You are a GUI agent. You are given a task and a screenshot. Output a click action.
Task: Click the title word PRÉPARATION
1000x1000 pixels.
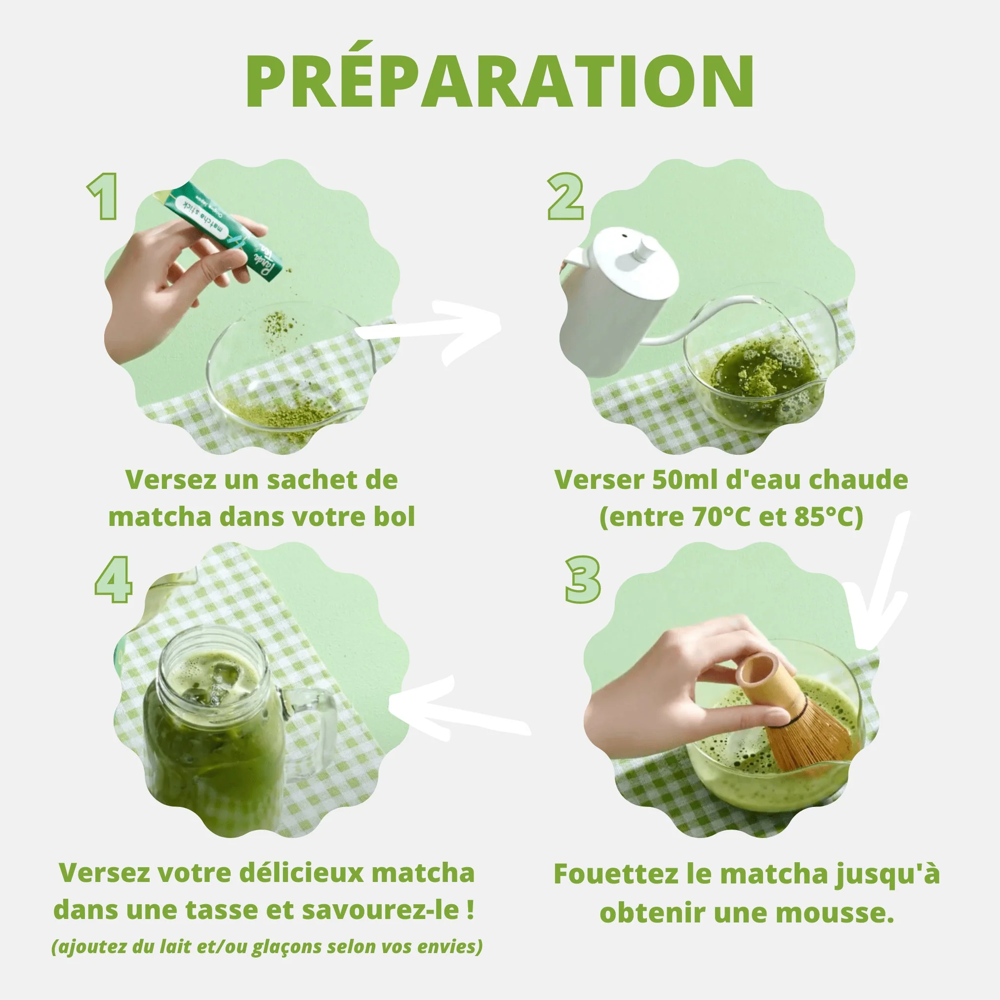pyautogui.click(x=499, y=83)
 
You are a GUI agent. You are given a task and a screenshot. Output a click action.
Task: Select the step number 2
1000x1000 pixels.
pyautogui.click(x=565, y=197)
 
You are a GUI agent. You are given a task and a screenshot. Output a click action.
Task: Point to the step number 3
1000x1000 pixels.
pyautogui.click(x=583, y=580)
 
